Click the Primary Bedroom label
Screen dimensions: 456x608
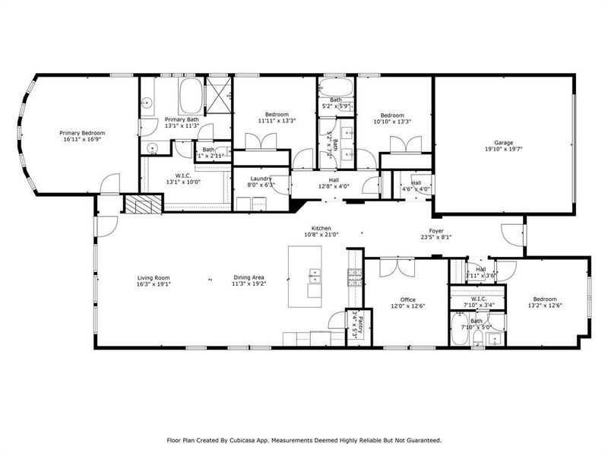click(x=82, y=133)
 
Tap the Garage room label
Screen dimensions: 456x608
click(x=504, y=142)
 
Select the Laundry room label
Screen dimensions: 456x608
click(x=261, y=179)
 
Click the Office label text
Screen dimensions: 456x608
click(x=404, y=299)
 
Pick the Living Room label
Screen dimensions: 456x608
click(x=153, y=277)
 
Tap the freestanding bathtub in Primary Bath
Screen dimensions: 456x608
click(x=190, y=97)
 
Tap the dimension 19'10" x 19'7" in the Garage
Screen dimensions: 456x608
click(x=504, y=150)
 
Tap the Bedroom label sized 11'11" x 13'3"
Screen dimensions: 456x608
click(x=270, y=115)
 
